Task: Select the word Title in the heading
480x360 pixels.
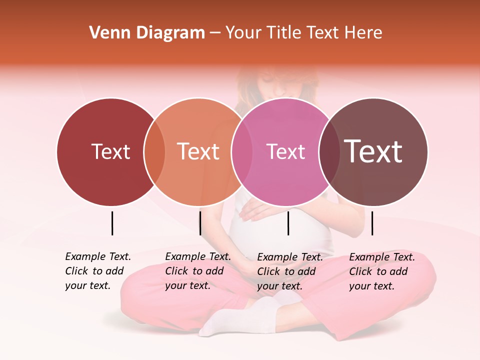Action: click(284, 33)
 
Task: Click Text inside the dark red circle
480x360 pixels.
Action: click(110, 151)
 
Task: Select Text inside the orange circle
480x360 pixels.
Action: click(198, 151)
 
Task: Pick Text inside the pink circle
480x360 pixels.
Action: click(285, 151)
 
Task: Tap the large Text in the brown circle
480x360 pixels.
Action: click(373, 151)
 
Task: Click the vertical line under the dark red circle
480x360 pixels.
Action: click(112, 223)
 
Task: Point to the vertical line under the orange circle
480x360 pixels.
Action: click(200, 223)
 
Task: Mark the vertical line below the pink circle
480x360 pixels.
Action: click(288, 223)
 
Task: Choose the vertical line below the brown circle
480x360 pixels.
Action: click(372, 223)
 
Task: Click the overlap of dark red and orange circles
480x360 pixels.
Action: click(154, 152)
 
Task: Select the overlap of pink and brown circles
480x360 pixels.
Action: click(329, 152)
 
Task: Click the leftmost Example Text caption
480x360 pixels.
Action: click(97, 271)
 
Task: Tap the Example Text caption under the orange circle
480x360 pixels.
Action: click(197, 271)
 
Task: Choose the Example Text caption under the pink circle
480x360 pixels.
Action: click(289, 271)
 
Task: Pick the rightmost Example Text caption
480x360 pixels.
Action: click(381, 271)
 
